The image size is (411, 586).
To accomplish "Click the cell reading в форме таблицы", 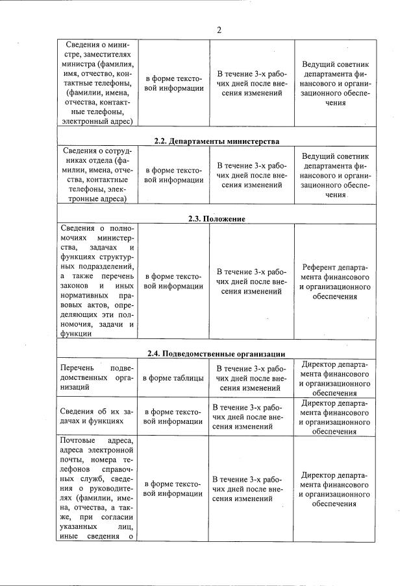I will coord(173,379).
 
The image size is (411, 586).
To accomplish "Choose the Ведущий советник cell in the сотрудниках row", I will coord(335,175).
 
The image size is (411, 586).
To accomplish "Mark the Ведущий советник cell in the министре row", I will coord(335,83).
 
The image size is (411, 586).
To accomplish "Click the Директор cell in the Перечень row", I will coord(335,379).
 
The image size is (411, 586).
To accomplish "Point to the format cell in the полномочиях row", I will coord(173,281).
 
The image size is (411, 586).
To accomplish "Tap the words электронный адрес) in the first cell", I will coord(96,120).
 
